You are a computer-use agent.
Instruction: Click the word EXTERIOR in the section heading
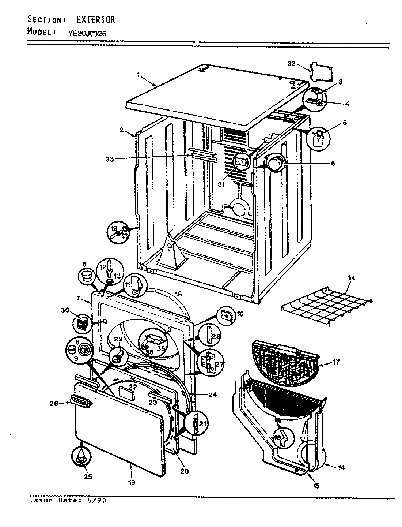(96, 19)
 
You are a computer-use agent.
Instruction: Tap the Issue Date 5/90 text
(68, 500)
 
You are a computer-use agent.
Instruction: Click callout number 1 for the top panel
(139, 74)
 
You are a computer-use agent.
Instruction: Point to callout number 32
(291, 63)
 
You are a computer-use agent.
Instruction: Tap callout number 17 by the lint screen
(336, 362)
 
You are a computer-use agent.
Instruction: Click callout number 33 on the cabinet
(110, 159)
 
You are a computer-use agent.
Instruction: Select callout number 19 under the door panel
(131, 483)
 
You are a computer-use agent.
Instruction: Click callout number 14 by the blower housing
(341, 467)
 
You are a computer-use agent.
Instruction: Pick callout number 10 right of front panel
(240, 314)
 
